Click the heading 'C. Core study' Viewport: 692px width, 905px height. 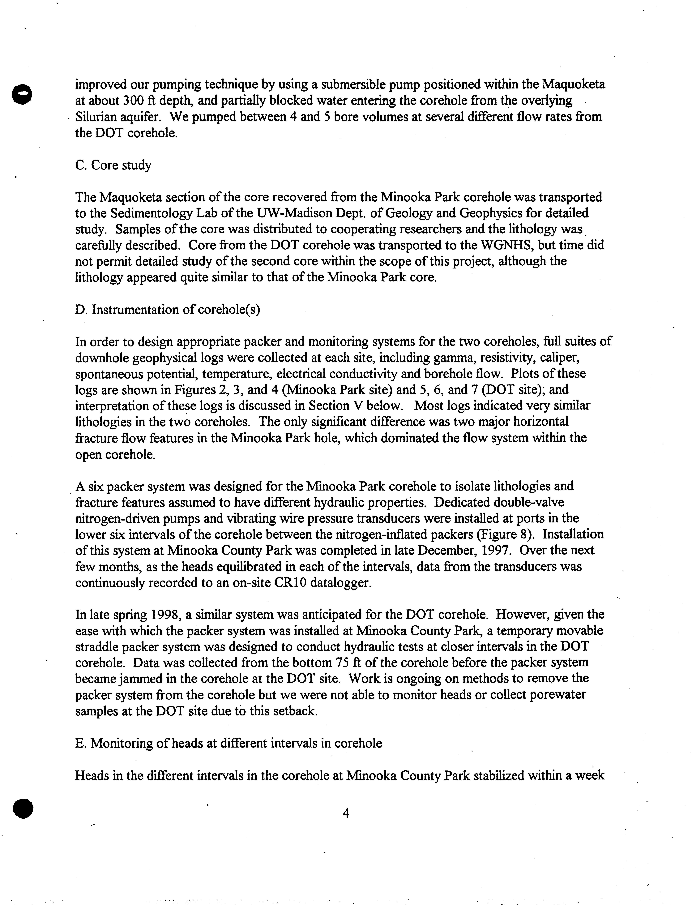pos(113,165)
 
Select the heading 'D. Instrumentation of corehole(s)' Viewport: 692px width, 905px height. pos(168,309)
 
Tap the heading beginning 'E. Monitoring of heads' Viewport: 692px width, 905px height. pos(229,743)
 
